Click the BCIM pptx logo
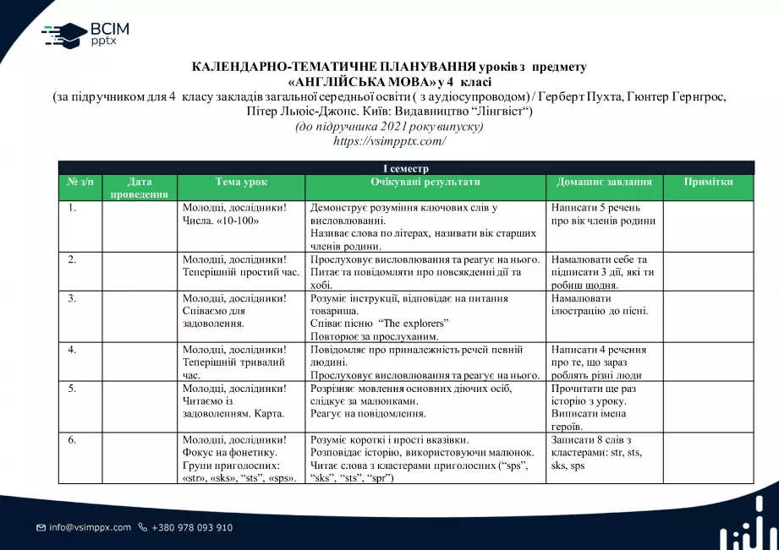point(85,35)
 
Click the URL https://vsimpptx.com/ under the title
point(389,141)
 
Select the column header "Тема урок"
point(241,182)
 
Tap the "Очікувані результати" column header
point(425,182)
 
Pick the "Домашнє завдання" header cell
point(604,182)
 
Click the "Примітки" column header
point(708,182)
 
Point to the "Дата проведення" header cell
point(140,188)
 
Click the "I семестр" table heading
point(406,169)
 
